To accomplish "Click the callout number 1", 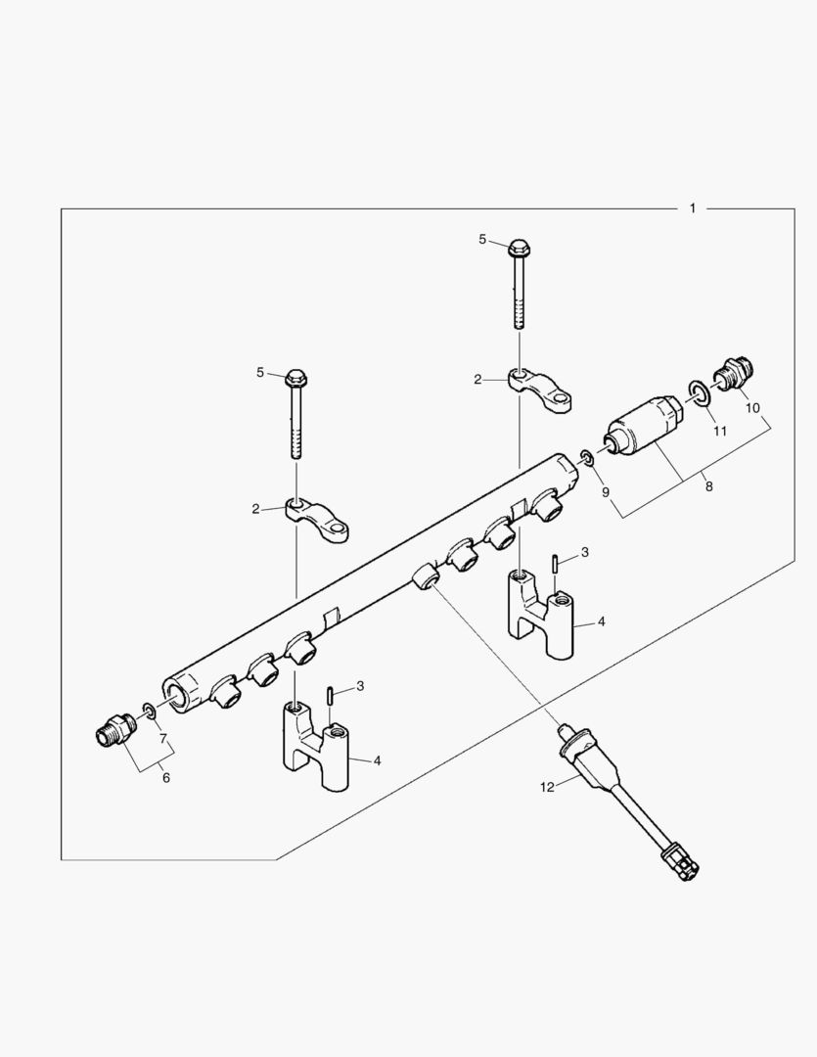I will click(x=693, y=208).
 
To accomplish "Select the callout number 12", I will click(x=546, y=786).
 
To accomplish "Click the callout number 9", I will click(x=606, y=492).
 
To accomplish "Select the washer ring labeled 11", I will click(x=699, y=392).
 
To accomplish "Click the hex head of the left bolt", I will click(x=296, y=376).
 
